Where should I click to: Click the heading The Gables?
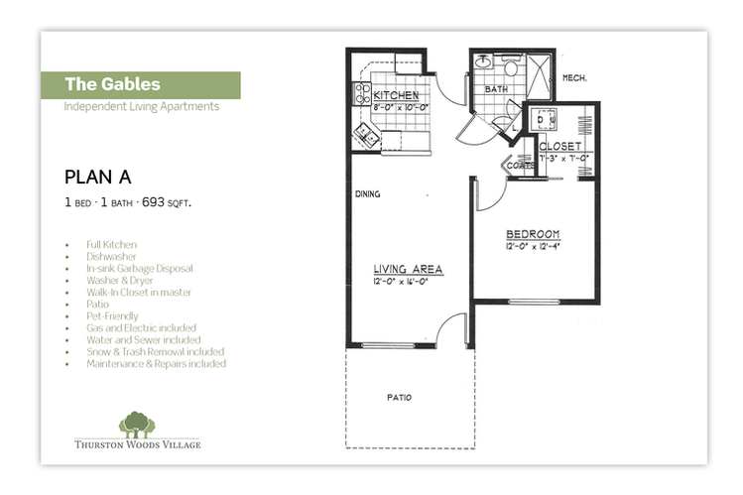point(113,84)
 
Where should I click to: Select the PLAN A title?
point(98,178)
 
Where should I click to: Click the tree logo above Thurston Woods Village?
point(137,424)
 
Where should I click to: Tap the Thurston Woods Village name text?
point(137,444)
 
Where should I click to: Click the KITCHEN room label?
point(396,94)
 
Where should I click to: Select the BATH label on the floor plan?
point(496,89)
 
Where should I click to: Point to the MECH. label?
point(575,78)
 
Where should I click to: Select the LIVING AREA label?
point(408,269)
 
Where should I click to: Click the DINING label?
point(368,194)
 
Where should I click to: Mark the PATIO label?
point(400,398)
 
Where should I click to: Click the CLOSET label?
point(561,146)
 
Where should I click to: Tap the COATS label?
point(522,167)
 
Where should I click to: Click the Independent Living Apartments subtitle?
point(141,106)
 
